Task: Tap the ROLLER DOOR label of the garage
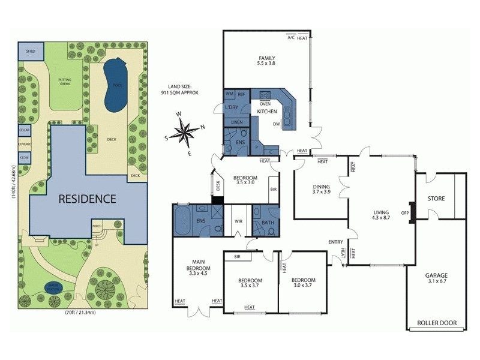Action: [437, 323]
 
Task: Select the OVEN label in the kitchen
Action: [265, 104]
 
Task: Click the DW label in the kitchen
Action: [277, 124]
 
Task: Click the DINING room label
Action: [322, 188]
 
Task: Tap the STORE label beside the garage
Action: [436, 198]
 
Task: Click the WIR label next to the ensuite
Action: [237, 221]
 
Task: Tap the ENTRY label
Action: [335, 242]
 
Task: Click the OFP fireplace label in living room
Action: [405, 212]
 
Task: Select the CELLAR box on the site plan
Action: [24, 130]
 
